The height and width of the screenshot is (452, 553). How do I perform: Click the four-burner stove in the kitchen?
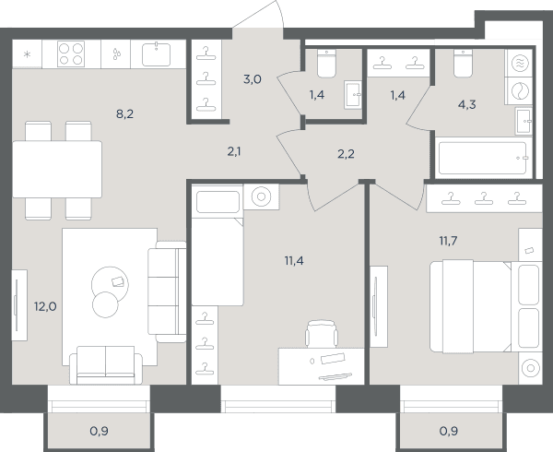click(x=71, y=54)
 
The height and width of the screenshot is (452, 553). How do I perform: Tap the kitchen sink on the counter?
click(x=156, y=54)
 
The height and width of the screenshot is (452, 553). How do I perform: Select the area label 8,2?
click(x=124, y=114)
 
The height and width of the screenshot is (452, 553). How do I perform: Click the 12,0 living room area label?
click(x=45, y=306)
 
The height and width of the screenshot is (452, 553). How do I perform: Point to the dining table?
click(x=57, y=170)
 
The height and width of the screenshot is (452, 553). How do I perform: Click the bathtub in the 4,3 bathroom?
click(x=484, y=158)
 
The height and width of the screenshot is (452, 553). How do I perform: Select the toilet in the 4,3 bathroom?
click(x=463, y=64)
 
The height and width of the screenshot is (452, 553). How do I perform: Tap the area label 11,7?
click(x=448, y=241)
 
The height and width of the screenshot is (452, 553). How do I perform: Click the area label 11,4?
click(x=294, y=261)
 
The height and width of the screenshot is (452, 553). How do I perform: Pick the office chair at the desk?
click(x=322, y=333)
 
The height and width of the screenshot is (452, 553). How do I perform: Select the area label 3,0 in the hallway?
click(x=253, y=79)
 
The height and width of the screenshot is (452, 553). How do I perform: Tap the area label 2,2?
click(x=346, y=154)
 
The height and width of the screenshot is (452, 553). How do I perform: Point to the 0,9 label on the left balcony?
click(x=100, y=431)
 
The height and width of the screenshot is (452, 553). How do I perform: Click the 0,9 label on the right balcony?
click(x=449, y=431)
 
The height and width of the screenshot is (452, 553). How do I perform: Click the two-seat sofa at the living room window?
click(x=106, y=365)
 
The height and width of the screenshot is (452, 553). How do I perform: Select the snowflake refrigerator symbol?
click(x=27, y=54)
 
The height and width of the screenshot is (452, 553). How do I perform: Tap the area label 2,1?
click(x=234, y=151)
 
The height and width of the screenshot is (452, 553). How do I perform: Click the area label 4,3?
click(x=467, y=105)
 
